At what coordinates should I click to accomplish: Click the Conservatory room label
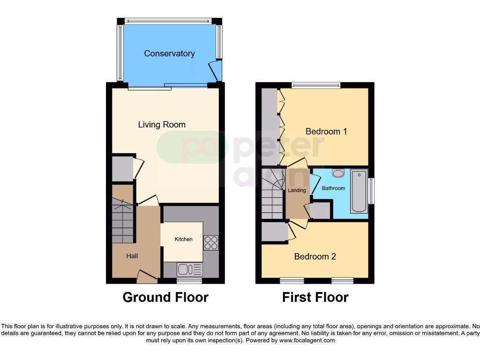click(x=169, y=53)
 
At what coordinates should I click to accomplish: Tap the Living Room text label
click(x=162, y=125)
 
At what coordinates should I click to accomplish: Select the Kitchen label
click(x=183, y=239)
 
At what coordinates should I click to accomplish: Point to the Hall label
click(x=132, y=256)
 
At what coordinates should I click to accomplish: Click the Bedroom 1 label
click(x=326, y=131)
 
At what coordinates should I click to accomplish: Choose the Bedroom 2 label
click(x=315, y=256)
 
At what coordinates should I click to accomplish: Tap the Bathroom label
click(x=333, y=188)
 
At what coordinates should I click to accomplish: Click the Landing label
click(x=297, y=190)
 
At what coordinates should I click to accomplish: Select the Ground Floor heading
click(x=165, y=297)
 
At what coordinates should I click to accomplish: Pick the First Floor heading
click(x=315, y=297)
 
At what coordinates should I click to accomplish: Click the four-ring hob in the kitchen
click(x=211, y=243)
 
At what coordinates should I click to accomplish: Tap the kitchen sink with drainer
click(x=190, y=269)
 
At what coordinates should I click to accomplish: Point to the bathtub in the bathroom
click(x=359, y=192)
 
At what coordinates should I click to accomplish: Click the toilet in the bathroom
click(x=337, y=173)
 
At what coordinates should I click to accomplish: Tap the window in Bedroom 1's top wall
click(x=315, y=85)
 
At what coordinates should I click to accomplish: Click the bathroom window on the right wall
click(x=371, y=191)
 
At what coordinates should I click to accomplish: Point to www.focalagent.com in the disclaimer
click(x=307, y=340)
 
